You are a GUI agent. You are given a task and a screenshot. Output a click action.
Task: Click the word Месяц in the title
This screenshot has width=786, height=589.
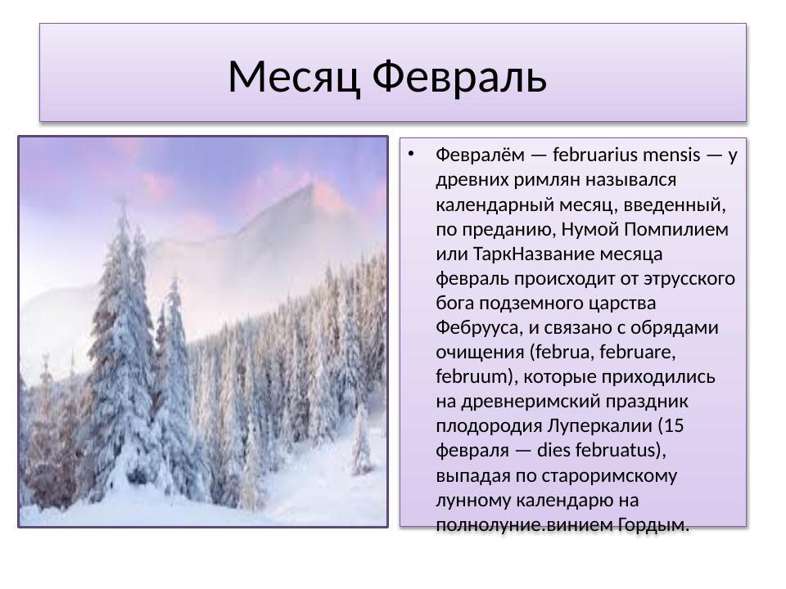click(x=294, y=78)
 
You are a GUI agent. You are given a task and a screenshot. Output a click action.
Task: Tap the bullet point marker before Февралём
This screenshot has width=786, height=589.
click(x=412, y=153)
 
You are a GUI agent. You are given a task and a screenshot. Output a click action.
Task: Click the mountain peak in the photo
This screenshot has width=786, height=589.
click(x=307, y=190)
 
